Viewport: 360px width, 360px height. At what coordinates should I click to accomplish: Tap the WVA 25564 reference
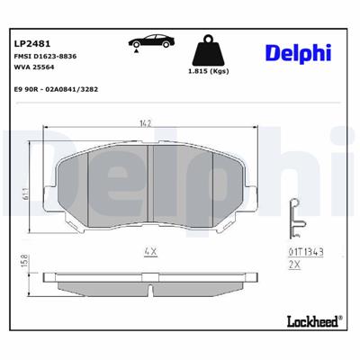pyautogui.click(x=35, y=68)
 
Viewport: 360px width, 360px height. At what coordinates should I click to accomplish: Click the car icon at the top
pyautogui.click(x=150, y=42)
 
